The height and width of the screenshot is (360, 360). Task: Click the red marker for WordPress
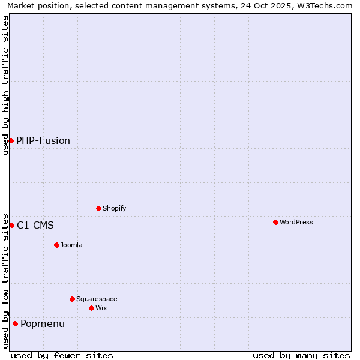coord(275,222)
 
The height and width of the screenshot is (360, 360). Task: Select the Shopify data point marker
coord(98,208)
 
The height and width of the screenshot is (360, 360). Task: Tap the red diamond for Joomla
coord(56,245)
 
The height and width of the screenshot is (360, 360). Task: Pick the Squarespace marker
coord(72,299)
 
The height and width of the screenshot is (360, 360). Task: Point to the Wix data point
coord(91,308)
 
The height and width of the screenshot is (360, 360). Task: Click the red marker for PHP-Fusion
coord(11,140)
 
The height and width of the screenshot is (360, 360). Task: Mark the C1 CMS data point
coord(11,225)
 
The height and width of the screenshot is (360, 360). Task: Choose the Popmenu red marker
coord(15,323)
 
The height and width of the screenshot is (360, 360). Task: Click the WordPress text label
coord(296,222)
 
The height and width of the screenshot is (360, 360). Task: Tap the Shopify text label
coord(114,208)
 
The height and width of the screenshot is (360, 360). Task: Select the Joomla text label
coord(71,245)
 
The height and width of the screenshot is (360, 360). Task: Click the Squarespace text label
coord(97,299)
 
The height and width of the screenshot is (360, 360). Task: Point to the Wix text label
coord(101,308)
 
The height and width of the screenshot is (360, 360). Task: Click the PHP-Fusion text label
coord(43,140)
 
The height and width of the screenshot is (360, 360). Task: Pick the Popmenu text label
coord(43,323)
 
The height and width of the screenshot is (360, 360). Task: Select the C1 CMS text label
coord(35,225)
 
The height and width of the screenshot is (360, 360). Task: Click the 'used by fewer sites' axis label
coord(62,355)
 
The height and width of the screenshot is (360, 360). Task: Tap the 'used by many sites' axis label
coord(301,355)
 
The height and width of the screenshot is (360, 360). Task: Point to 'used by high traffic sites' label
coord(5,85)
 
